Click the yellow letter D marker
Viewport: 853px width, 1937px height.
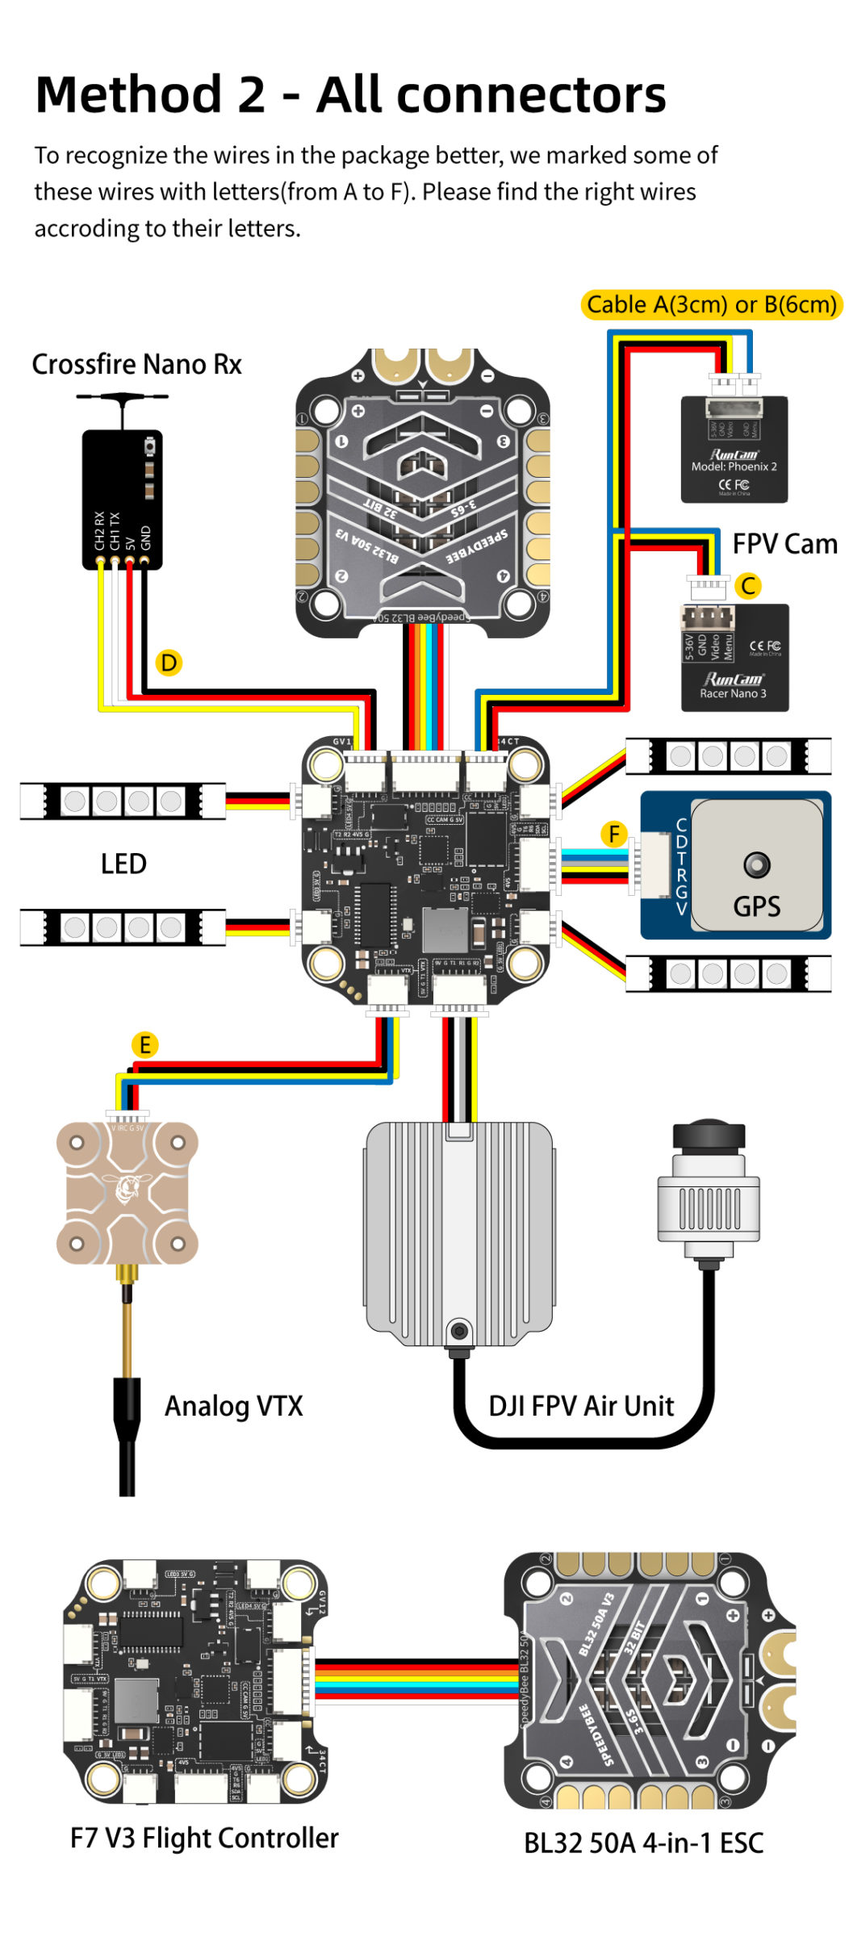click(x=168, y=663)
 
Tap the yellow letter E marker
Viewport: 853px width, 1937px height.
click(x=144, y=1045)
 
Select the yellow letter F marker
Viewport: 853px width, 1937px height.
click(x=615, y=834)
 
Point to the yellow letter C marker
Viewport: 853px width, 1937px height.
click(x=749, y=586)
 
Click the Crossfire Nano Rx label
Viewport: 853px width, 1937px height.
click(x=136, y=364)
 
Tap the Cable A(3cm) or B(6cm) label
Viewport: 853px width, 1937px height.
click(x=711, y=304)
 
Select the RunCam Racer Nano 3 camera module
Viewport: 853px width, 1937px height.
click(x=734, y=658)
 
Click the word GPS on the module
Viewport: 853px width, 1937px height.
click(x=756, y=906)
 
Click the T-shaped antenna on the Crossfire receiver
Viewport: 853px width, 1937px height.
click(x=122, y=399)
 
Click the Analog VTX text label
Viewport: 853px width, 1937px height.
click(x=233, y=1406)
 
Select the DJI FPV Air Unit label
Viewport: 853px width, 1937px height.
click(x=581, y=1406)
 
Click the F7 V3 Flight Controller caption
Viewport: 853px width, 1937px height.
click(x=204, y=1838)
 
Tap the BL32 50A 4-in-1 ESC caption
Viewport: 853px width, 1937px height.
click(x=643, y=1843)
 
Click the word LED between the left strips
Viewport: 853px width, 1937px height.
click(x=123, y=864)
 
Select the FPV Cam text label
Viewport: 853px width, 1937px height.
click(x=784, y=544)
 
